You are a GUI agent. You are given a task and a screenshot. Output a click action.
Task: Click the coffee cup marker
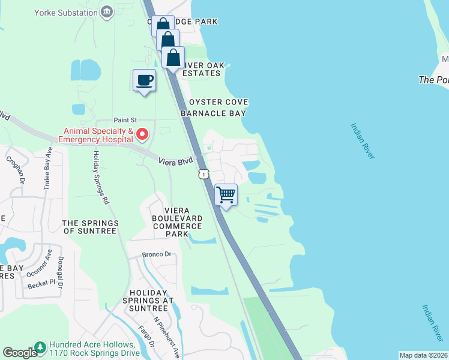(x=144, y=80)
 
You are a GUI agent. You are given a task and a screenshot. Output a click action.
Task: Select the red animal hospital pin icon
(x=142, y=134)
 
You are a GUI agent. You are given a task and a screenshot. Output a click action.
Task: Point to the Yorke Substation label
(x=67, y=11)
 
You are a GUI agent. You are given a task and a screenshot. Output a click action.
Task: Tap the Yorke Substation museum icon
(x=107, y=11)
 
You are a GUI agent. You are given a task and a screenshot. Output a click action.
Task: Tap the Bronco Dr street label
(x=157, y=254)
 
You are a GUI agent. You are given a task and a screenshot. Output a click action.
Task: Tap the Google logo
(x=19, y=353)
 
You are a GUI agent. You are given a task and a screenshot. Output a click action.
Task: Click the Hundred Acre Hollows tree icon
(x=40, y=347)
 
